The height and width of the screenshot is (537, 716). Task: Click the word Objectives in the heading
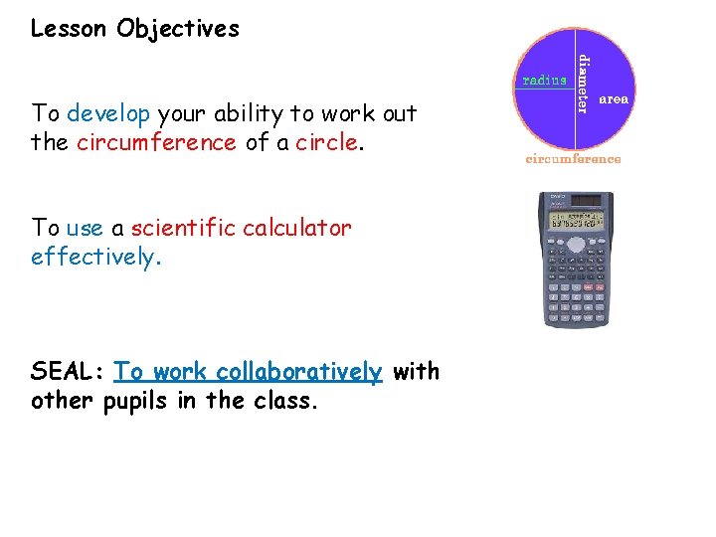178,29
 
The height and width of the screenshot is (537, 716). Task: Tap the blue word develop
108,113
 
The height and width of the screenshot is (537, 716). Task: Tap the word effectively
93,257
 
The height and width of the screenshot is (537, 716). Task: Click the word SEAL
66,372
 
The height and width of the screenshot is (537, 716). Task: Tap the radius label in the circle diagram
544,81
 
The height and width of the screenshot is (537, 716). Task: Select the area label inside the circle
614,100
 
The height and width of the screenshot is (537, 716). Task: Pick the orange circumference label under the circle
573,159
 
